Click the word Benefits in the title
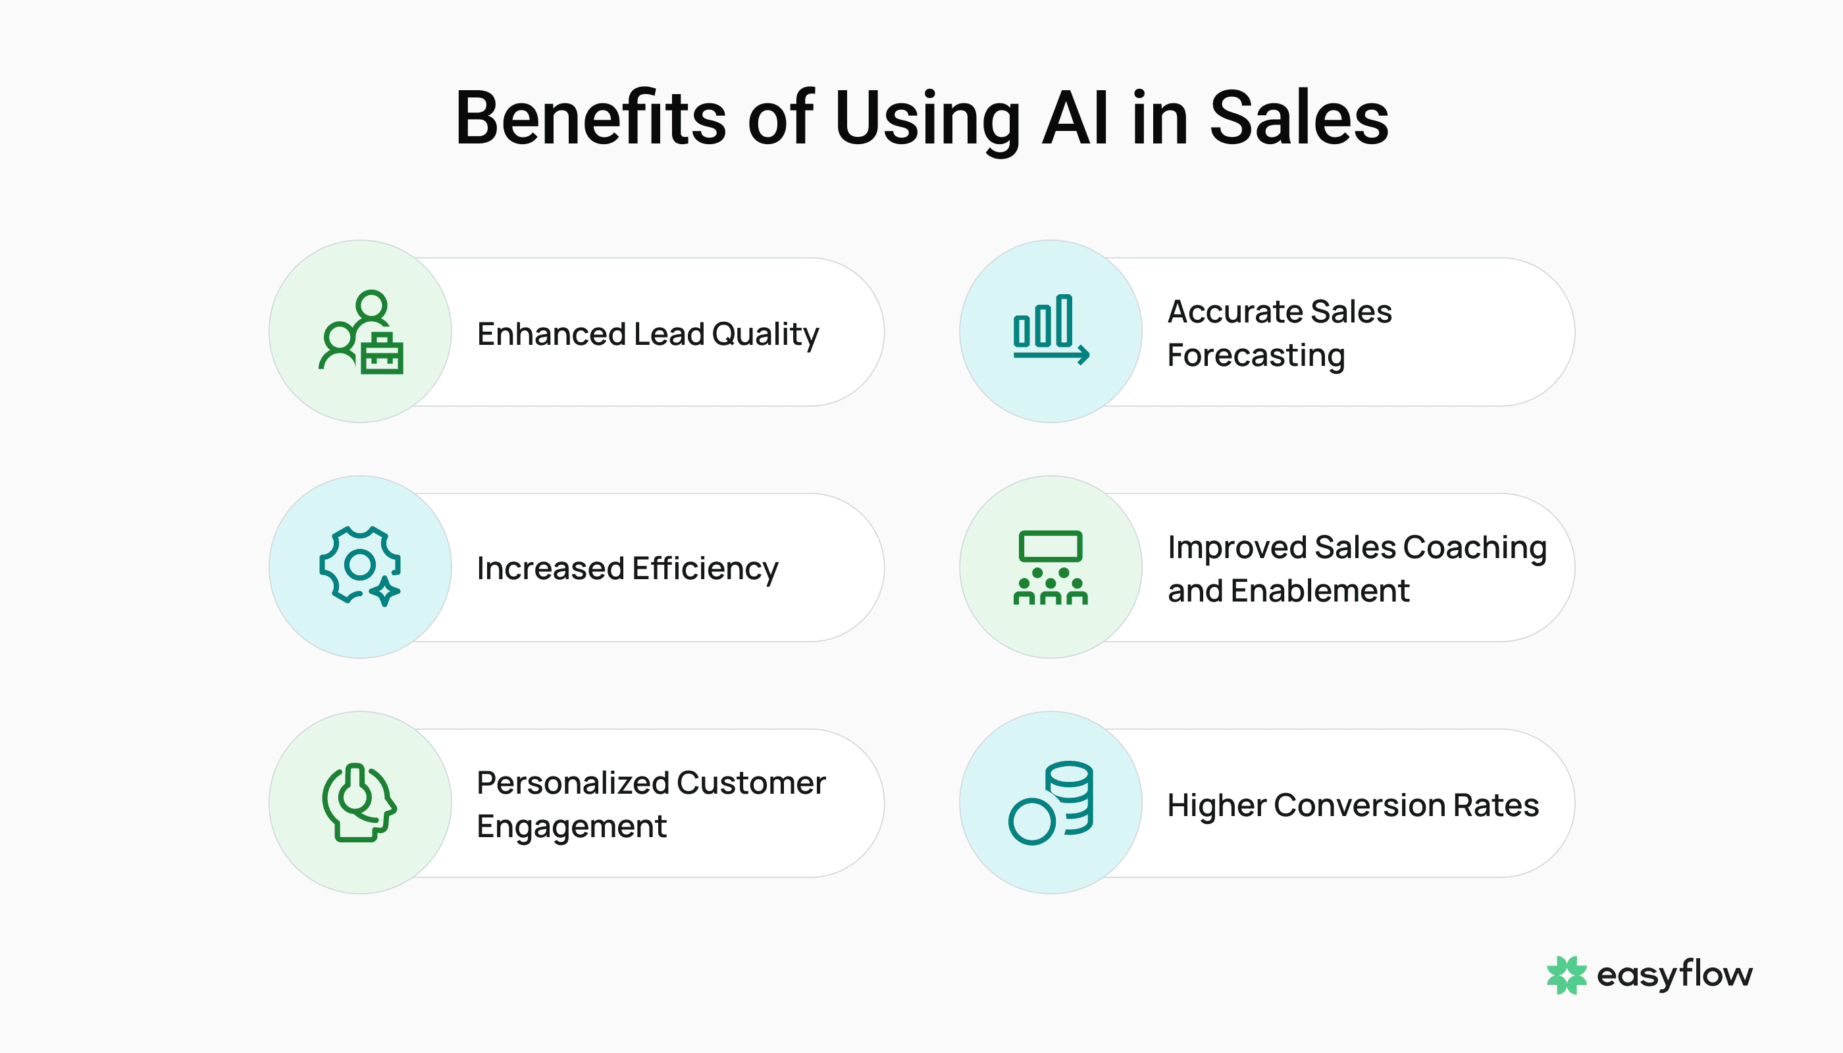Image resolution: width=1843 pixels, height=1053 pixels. [x=590, y=118]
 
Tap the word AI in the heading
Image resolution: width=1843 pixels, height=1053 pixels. [x=1075, y=118]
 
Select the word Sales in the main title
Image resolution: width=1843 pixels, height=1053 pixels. [x=1299, y=118]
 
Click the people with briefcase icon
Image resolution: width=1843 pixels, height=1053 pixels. [x=361, y=332]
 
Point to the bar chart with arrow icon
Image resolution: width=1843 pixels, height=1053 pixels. [x=1051, y=330]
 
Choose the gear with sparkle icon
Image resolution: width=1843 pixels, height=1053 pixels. [x=360, y=566]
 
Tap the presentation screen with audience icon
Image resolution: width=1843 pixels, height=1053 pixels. [x=1051, y=567]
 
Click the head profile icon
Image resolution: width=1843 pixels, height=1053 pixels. [x=359, y=802]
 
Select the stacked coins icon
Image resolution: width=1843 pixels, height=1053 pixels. [x=1051, y=803]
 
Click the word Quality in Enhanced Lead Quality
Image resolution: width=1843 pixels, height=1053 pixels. [x=765, y=335]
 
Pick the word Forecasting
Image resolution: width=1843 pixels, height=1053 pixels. [x=1256, y=356]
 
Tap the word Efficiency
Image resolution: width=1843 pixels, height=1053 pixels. [x=704, y=569]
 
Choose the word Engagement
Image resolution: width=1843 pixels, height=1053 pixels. [x=571, y=827]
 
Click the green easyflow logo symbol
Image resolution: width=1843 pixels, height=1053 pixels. [x=1566, y=975]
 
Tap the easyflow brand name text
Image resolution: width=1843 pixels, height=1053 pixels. [x=1674, y=975]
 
